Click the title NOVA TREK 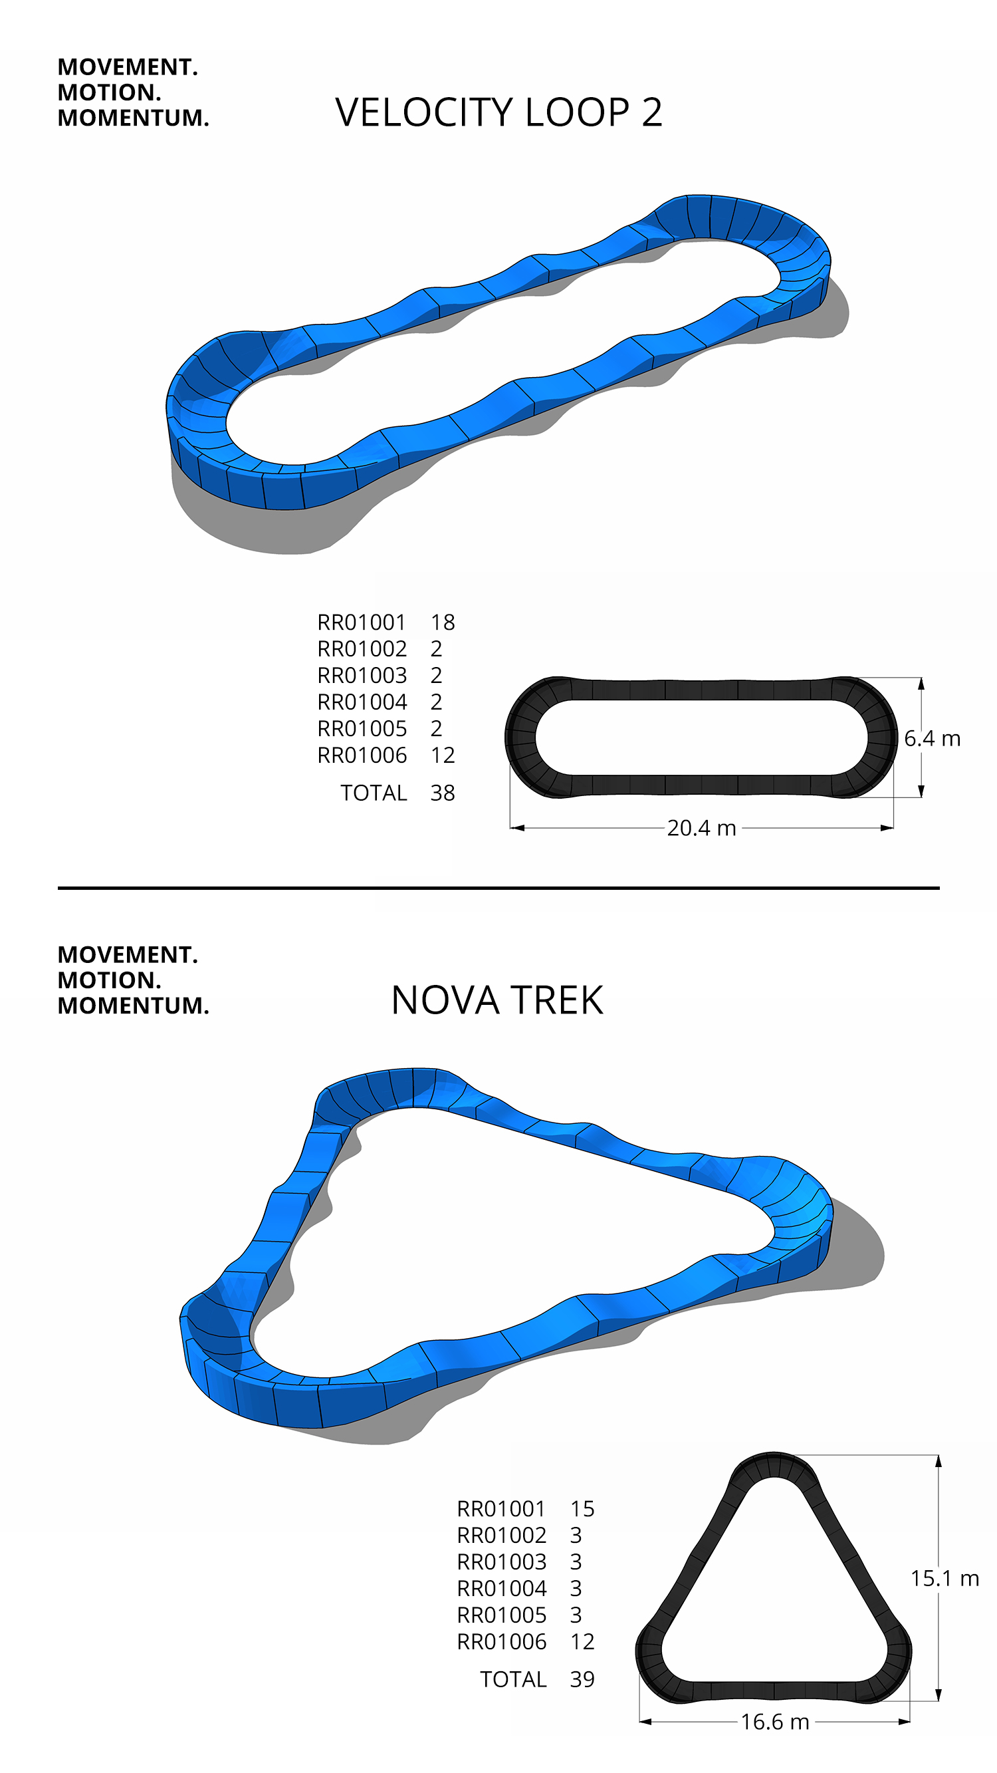[497, 1000]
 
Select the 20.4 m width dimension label [701, 827]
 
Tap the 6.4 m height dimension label [932, 738]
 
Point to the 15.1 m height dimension [944, 1577]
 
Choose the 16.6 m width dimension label [775, 1721]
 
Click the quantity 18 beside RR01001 [443, 622]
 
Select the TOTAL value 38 [443, 793]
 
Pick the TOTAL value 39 [582, 1679]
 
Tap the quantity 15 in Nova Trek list [582, 1509]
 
